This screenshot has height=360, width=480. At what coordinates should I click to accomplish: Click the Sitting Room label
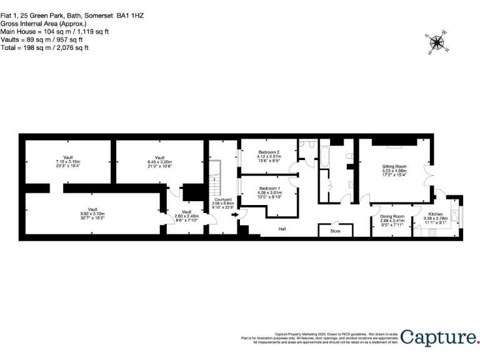[x=394, y=166]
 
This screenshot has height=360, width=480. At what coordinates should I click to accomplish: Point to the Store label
[x=335, y=232]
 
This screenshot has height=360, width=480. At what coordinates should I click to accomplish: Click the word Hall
[x=282, y=229]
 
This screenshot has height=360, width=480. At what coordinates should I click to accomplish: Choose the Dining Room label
[x=392, y=216]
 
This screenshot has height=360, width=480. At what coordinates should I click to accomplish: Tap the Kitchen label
[x=436, y=214]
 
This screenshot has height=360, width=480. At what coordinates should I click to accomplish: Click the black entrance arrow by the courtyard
[x=235, y=215]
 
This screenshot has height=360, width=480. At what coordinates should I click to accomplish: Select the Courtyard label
[x=223, y=199]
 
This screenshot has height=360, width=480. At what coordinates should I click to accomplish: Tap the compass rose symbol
[x=437, y=42]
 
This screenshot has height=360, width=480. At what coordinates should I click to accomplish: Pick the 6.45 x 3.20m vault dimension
[x=159, y=162]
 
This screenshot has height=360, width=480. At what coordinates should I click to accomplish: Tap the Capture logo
[x=439, y=338]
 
